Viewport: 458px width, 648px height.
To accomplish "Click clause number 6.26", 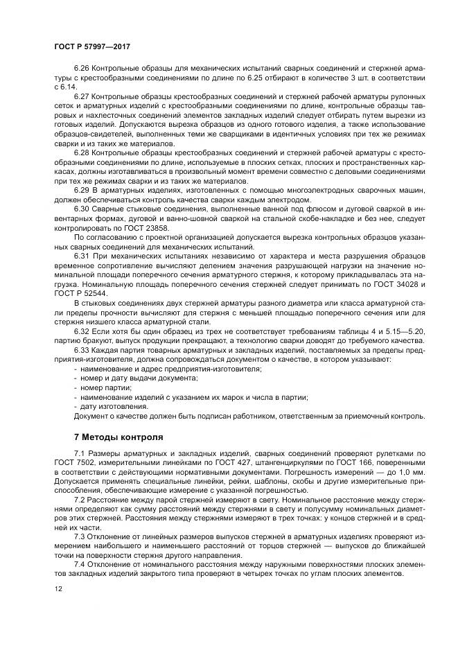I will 81,71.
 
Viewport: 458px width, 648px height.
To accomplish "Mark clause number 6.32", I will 81,331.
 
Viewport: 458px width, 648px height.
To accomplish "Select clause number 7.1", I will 79,453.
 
